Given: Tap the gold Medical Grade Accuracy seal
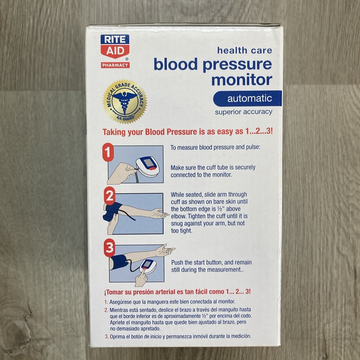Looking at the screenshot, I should pos(125,102).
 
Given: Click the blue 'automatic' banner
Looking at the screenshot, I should pos(247,99).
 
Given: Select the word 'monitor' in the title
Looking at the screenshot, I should pos(242,79).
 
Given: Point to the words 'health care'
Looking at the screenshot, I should pos(244,50).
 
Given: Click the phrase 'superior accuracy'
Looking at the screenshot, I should pos(243,112).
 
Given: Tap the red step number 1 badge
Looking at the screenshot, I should pos(108,153).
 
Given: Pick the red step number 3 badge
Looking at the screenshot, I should pos(109,248).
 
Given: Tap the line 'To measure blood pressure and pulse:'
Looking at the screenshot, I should pos(215,147).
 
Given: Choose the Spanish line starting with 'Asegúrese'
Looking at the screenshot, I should pos(172,301).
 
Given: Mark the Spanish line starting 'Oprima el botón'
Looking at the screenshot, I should pos(180,336).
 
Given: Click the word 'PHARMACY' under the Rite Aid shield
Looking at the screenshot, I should pos(115,65).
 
